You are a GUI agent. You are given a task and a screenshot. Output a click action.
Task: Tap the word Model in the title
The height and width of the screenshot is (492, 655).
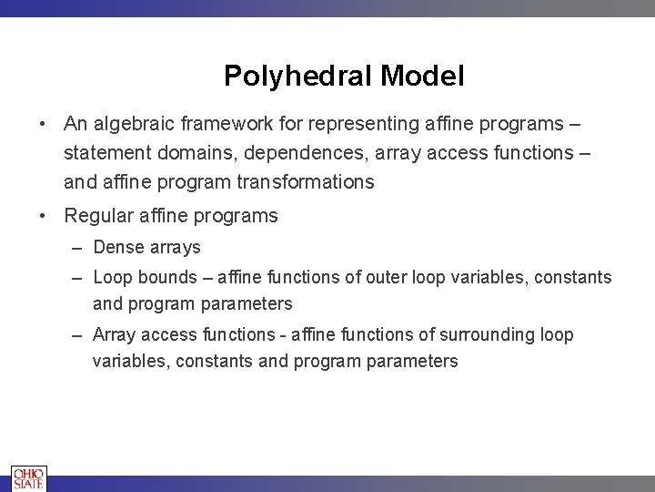click(423, 76)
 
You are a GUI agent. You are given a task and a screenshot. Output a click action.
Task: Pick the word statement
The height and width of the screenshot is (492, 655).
click(106, 152)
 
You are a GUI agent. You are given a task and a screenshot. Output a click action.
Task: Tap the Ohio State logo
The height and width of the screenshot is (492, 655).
click(28, 478)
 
